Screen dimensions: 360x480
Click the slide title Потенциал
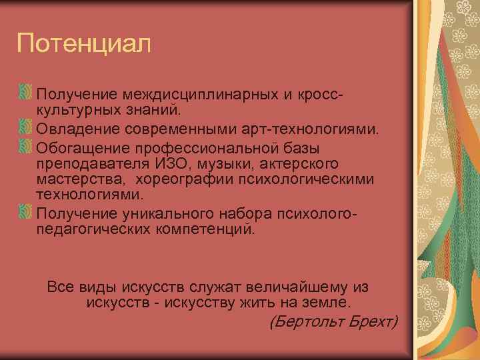[x=85, y=45]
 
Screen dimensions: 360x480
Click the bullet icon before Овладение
[x=25, y=127]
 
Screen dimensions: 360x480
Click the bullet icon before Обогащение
[x=25, y=146]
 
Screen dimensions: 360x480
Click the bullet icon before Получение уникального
[x=25, y=212]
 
